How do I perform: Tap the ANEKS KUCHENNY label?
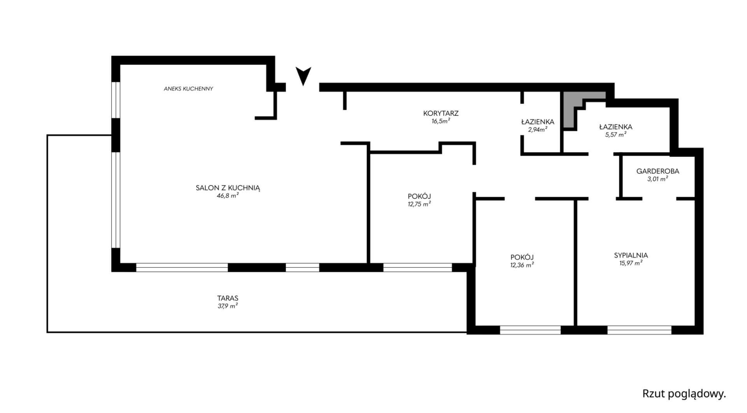click(188, 89)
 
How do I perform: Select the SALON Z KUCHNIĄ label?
click(228, 188)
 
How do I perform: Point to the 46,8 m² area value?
click(228, 196)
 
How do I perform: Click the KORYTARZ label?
click(441, 113)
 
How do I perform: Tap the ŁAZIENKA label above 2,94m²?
click(538, 122)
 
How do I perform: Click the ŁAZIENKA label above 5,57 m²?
click(615, 127)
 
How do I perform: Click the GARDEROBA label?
click(658, 171)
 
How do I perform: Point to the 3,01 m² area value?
click(658, 179)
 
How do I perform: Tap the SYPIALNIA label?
click(631, 256)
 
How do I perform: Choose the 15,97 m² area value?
click(631, 263)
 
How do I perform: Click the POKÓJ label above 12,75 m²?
click(419, 196)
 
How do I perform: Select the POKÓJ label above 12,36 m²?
click(522, 257)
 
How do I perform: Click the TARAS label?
click(228, 298)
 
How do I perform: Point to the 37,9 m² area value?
click(228, 306)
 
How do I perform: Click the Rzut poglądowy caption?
click(684, 394)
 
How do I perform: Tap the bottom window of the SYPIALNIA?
click(639, 330)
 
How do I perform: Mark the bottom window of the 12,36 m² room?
click(530, 330)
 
